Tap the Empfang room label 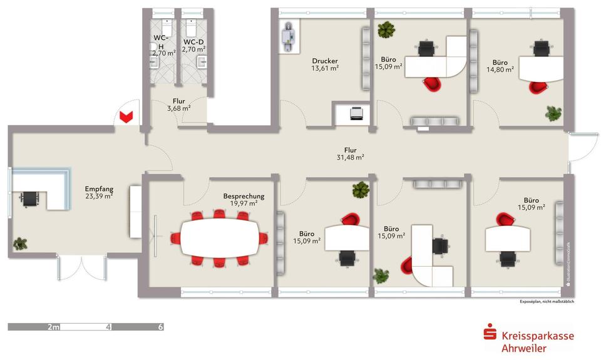tap(99, 192)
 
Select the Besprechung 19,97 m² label tap(244, 200)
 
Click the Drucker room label tap(325, 64)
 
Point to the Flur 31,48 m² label tap(350, 153)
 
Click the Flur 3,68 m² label tap(178, 105)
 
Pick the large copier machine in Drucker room tap(289, 37)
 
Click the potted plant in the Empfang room tap(21, 243)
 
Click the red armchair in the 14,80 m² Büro tap(537, 86)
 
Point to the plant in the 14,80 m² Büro tap(553, 113)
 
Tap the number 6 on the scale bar tap(161, 327)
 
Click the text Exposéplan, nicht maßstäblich tap(547, 301)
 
